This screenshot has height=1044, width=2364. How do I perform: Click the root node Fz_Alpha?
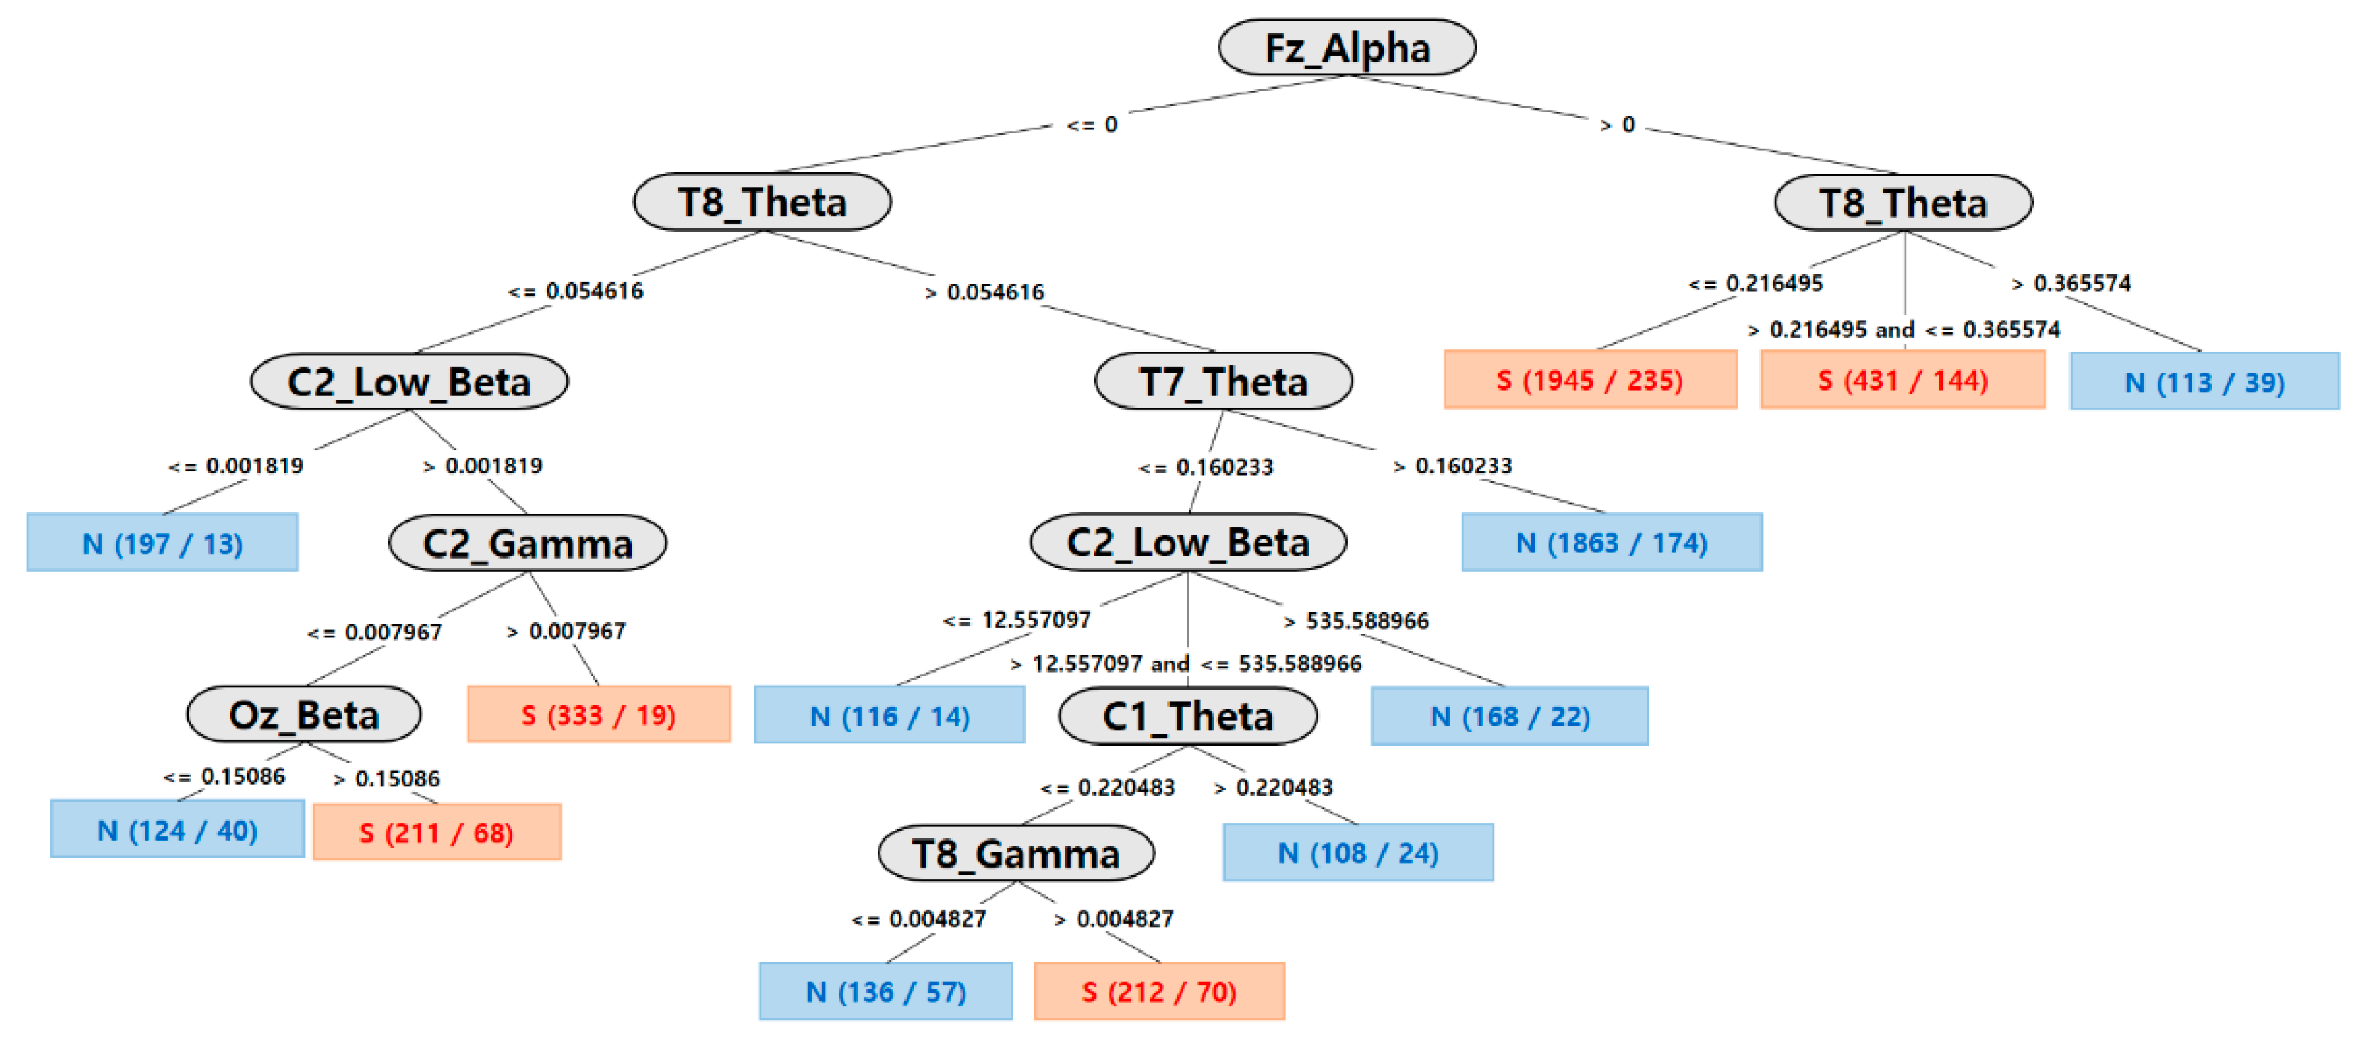(x=1346, y=47)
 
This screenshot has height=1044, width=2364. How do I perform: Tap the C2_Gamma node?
(x=527, y=543)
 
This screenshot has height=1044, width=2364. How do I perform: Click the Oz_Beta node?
(x=304, y=714)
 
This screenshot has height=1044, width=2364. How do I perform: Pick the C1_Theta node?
(x=1187, y=717)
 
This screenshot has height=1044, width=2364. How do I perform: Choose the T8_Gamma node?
(x=1015, y=853)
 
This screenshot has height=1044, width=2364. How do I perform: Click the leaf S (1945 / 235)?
(x=1589, y=380)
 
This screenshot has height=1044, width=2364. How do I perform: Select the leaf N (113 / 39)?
(x=2205, y=381)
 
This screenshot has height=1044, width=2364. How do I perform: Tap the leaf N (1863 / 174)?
(x=1610, y=543)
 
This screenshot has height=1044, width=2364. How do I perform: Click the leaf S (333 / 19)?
(x=598, y=714)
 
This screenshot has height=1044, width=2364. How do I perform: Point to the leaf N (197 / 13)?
(x=162, y=543)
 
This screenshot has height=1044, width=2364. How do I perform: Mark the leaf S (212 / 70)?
(x=1158, y=991)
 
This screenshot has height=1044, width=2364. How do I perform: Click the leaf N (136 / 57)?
(x=885, y=991)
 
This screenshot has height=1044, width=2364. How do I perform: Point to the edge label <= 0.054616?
(x=576, y=291)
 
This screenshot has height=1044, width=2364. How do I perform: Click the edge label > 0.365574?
(x=2071, y=283)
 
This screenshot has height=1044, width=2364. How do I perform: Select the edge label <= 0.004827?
(x=919, y=919)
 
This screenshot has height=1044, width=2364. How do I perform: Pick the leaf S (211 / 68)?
(x=436, y=832)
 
